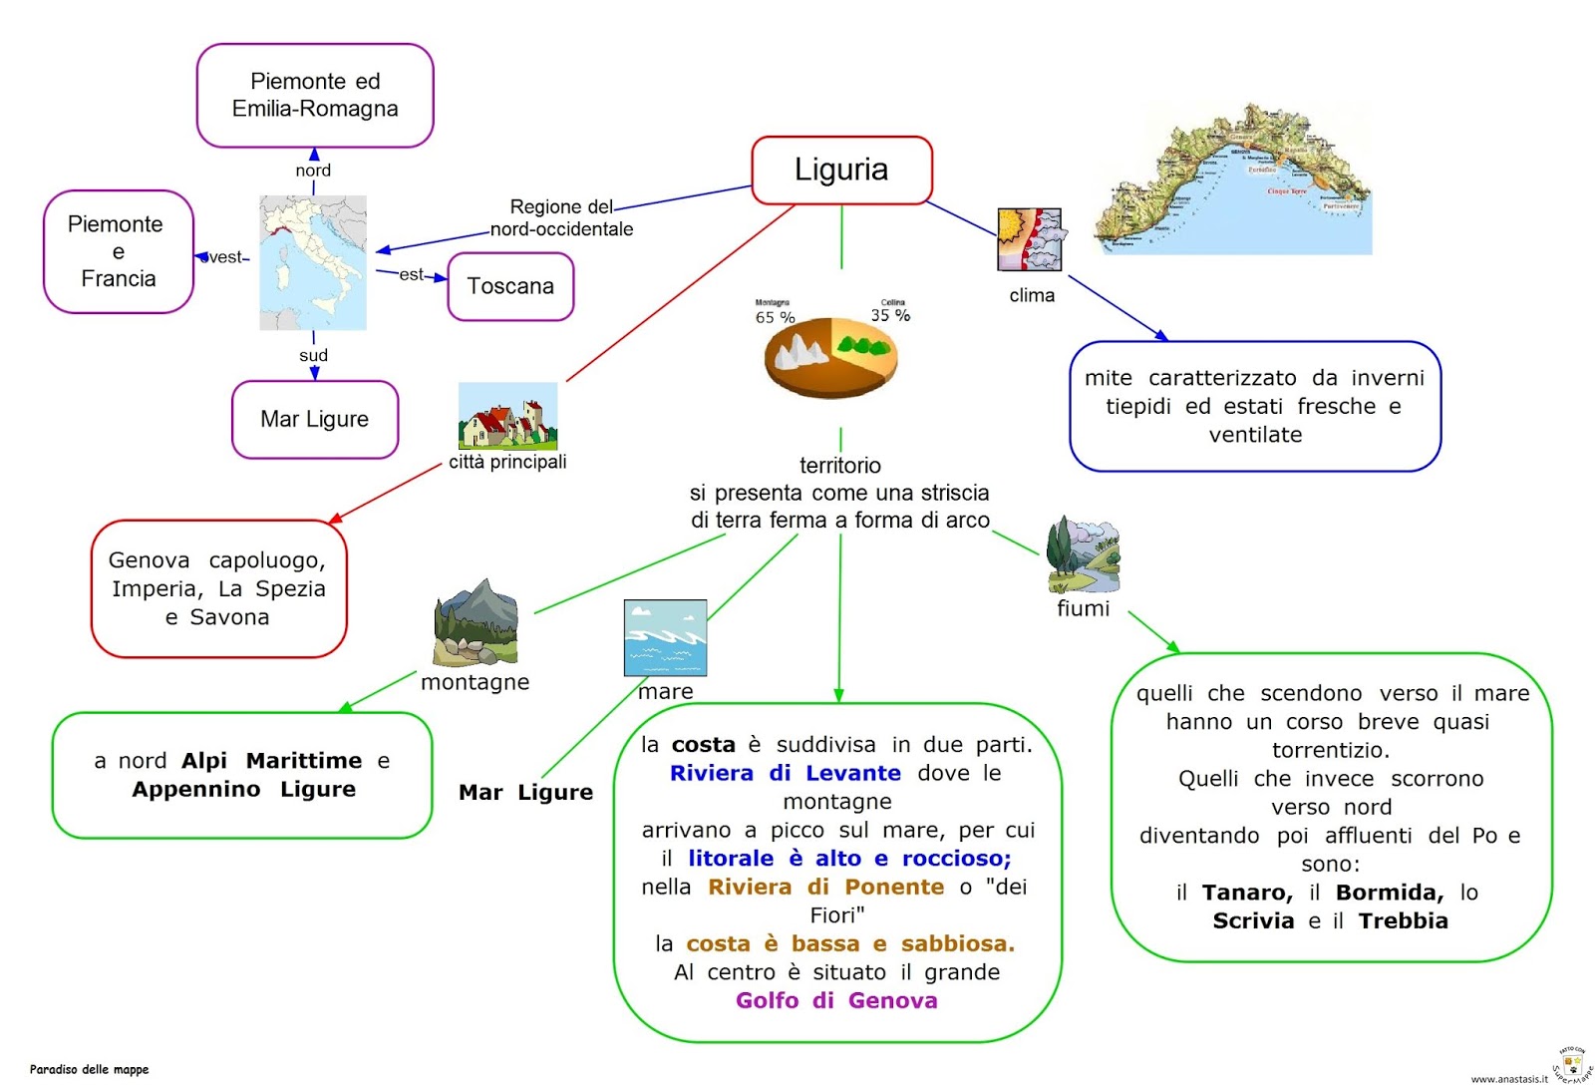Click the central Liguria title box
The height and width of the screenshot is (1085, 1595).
click(x=841, y=171)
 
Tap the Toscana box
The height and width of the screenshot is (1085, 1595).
click(x=510, y=287)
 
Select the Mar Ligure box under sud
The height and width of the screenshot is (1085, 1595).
click(x=315, y=420)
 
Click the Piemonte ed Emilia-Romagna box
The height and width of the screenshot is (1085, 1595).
click(x=315, y=96)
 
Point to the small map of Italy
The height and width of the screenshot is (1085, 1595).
click(x=313, y=262)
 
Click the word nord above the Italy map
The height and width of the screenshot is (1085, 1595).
click(x=313, y=171)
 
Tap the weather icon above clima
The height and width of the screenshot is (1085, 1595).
click(x=1030, y=239)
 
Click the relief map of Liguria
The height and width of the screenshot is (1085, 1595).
click(x=1234, y=180)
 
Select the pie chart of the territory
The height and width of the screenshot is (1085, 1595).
click(x=831, y=357)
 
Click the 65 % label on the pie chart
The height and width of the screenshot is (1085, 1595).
click(x=775, y=318)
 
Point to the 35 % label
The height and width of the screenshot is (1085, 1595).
click(x=890, y=315)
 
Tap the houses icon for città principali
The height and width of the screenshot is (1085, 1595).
click(x=507, y=417)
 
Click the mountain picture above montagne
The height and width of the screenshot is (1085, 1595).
click(x=476, y=622)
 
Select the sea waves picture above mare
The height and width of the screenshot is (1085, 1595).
click(x=665, y=638)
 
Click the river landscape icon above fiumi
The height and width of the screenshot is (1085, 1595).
click(x=1083, y=555)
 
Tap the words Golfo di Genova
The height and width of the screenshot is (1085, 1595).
click(x=836, y=1001)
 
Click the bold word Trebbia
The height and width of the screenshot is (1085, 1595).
click(x=1403, y=921)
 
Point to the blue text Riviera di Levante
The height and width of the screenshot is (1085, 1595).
click(x=785, y=774)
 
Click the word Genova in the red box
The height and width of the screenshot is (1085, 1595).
click(x=149, y=560)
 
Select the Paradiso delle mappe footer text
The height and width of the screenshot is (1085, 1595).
click(x=89, y=1070)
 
